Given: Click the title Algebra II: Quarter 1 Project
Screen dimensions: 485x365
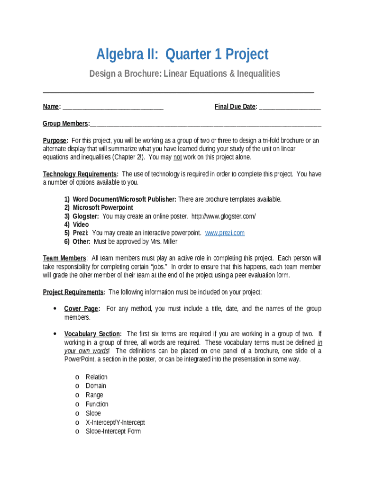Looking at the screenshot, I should pyautogui.click(x=182, y=54).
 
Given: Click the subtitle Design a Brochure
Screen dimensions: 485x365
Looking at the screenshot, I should pyautogui.click(x=185, y=73).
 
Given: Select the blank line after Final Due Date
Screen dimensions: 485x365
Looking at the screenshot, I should pyautogui.click(x=290, y=107).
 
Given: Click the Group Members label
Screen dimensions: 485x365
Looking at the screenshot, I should pyautogui.click(x=66, y=124).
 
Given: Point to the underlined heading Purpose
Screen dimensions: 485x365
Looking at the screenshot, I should pyautogui.click(x=55, y=141).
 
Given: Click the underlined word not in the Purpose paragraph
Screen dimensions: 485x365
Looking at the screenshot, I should pyautogui.click(x=177, y=157).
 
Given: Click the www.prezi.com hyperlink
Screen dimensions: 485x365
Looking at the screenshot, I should pyautogui.click(x=225, y=233).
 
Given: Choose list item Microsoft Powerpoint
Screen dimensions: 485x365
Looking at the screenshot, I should pyautogui.click(x=103, y=208).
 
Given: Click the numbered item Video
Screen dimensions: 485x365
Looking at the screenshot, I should pyautogui.click(x=81, y=225).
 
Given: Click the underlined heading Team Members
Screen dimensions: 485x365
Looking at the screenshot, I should pyautogui.click(x=64, y=258).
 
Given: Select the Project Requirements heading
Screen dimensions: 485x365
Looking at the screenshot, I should pyautogui.click(x=73, y=292).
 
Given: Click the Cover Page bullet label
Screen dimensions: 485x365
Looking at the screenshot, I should pyautogui.click(x=82, y=309).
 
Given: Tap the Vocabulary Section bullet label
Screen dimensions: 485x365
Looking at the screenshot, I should pyautogui.click(x=92, y=334).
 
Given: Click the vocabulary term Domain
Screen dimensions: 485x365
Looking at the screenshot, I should pyautogui.click(x=96, y=386).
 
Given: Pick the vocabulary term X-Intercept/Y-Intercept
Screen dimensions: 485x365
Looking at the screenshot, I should pyautogui.click(x=115, y=422).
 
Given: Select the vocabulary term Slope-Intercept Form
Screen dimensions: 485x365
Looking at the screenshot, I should pyautogui.click(x=113, y=431).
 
